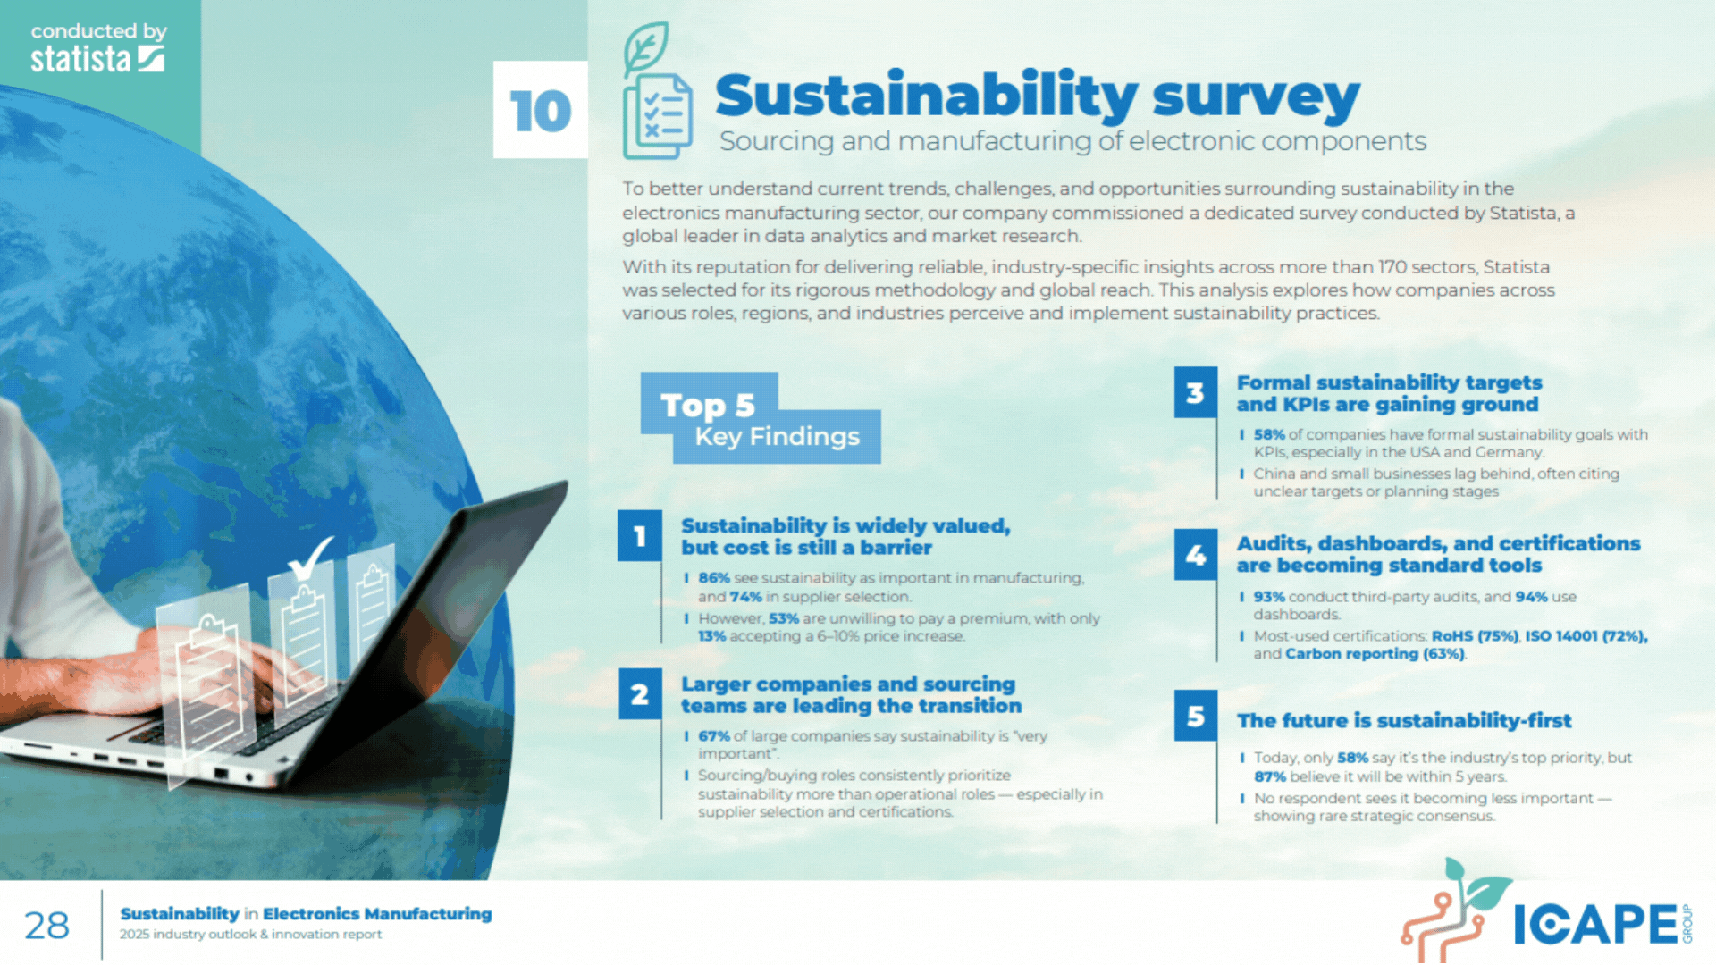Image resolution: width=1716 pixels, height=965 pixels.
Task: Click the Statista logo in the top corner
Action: coord(98,48)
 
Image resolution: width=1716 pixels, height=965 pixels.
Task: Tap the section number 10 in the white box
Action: coord(541,111)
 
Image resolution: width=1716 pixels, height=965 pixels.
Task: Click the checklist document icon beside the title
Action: coord(657,91)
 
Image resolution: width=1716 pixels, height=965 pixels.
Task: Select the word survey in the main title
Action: coord(1256,96)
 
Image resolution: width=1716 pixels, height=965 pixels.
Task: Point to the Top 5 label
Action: coord(708,406)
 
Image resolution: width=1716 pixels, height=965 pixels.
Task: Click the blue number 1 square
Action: coord(640,536)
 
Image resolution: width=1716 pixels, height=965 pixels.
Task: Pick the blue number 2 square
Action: coord(640,694)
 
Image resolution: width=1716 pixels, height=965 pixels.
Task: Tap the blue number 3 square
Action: coord(1196,392)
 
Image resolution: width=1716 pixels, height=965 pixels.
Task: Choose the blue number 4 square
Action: coord(1196,555)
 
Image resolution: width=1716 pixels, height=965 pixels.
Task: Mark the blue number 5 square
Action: coord(1196,716)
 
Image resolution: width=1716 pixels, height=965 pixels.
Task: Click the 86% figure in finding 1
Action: coord(714,578)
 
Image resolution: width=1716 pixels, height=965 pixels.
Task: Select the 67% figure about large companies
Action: coord(714,736)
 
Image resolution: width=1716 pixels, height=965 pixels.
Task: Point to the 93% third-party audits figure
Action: coord(1269,597)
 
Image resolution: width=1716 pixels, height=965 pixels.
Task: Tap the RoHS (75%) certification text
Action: coord(1475,636)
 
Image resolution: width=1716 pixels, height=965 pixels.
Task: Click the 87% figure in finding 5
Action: coord(1270,776)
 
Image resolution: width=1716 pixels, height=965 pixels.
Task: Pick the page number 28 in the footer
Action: coord(46,926)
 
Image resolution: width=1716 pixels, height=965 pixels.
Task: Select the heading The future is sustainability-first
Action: coord(1403,721)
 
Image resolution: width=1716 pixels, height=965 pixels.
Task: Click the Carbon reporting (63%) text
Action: coord(1375,654)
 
